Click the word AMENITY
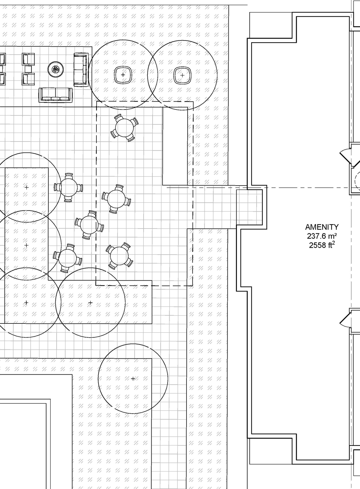[322, 227]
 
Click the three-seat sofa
[55, 95]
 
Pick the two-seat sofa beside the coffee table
[80, 69]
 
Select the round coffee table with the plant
[55, 69]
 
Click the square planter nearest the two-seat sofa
[123, 75]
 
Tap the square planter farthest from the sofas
[182, 75]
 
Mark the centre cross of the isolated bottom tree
[133, 379]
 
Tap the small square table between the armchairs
[28, 69]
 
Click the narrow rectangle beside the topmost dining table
[175, 146]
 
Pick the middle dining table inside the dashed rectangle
[116, 199]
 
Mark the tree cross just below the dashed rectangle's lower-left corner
[90, 303]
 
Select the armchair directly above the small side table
[28, 59]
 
